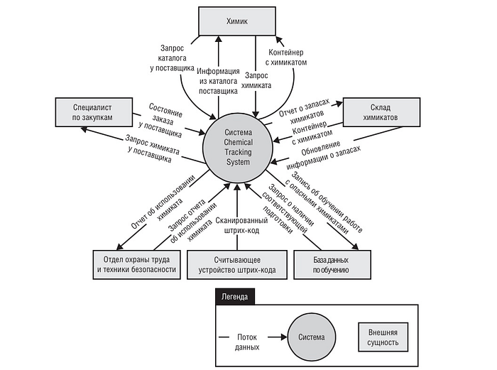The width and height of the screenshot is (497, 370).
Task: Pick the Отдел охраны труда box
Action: (135, 264)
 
